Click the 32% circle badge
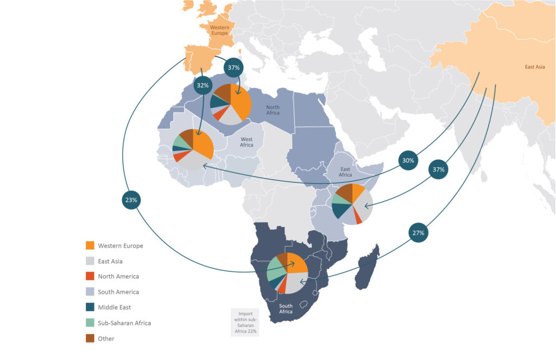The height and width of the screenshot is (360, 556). tap(203, 86)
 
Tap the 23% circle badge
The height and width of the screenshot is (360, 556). tap(131, 200)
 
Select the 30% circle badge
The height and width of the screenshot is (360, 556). tap(407, 161)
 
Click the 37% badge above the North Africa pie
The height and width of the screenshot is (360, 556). tap(235, 67)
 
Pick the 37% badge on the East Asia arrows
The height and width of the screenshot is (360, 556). tap(438, 169)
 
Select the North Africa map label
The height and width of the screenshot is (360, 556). tap(273, 110)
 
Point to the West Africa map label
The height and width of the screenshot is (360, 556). tap(247, 142)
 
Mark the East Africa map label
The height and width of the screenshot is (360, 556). tap(345, 172)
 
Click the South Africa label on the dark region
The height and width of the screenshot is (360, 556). tap(286, 308)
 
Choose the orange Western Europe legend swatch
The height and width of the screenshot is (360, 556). tap(90, 246)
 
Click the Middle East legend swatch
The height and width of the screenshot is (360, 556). tap(90, 307)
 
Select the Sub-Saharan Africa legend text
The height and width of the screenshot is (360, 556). tap(124, 323)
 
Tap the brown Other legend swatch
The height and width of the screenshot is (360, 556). tap(90, 338)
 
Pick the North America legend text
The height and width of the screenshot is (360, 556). tap(118, 276)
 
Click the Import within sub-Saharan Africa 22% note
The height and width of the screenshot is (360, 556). tap(244, 323)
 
